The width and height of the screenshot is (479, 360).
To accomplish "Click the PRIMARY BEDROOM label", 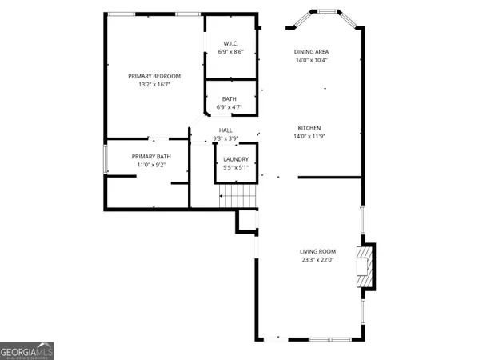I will pos(154,76).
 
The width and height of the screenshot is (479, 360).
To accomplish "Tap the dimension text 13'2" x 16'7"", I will pos(154,84).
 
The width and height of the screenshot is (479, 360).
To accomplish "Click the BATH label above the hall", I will pos(230,98).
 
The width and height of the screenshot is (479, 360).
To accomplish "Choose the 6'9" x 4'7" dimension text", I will pos(230,106).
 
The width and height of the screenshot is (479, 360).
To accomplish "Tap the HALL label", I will pos(226,130).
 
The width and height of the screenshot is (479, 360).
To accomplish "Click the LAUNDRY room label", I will pos(236,159).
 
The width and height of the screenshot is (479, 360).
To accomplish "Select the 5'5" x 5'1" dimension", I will pos(236,167).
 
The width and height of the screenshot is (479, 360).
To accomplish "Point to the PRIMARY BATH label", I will pos(146,156).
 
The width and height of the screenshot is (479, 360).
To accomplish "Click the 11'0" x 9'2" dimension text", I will pos(146,164).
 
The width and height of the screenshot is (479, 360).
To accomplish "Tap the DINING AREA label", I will pos(311,52).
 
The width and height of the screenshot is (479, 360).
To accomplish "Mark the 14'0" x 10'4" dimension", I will pos(311,60).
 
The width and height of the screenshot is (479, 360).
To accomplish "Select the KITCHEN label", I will pos(309,128).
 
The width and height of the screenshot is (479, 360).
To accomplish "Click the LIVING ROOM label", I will pos(316,250).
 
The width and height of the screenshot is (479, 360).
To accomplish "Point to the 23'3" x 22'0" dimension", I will pos(316,258).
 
